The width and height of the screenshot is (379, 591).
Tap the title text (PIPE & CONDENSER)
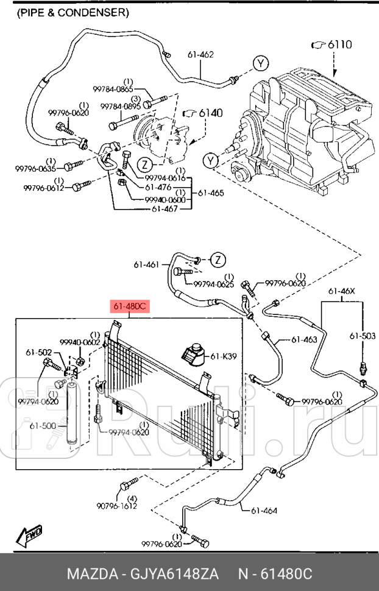coord(73,13)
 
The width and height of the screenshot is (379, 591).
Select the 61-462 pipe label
coord(200,55)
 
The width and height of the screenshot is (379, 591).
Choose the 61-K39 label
coord(224,356)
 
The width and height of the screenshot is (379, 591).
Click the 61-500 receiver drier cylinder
coord(72,413)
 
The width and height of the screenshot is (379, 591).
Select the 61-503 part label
coord(363,336)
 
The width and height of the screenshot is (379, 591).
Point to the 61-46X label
coord(342,291)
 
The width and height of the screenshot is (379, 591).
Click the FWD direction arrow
coord(29,537)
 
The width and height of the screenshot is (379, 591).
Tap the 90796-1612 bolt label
coord(116,506)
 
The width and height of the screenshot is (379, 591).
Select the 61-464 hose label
coord(264,511)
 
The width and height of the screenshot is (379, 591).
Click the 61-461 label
coord(146,264)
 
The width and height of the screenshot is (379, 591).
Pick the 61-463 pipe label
coord(304,339)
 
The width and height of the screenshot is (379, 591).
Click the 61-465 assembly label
coord(211,193)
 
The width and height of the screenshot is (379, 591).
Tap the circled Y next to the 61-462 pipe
coord(261,63)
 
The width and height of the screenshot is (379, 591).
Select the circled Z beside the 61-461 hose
coord(218,260)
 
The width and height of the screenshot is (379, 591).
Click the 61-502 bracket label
coord(39,353)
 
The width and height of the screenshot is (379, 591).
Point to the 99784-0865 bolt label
coord(113,90)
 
